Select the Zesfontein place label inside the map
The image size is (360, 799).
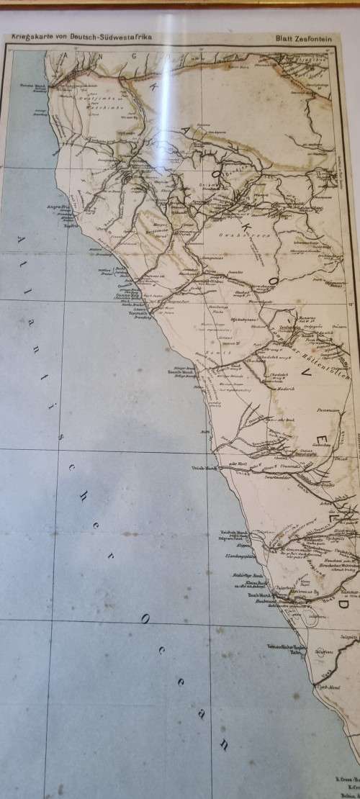pos(288,328)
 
